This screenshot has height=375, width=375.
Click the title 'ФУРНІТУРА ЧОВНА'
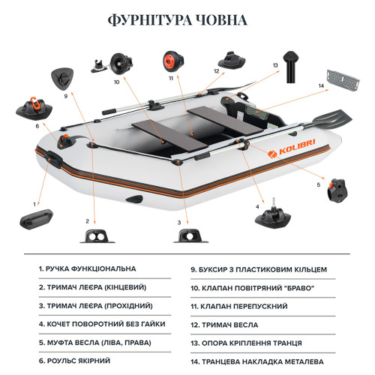click(x=177, y=20)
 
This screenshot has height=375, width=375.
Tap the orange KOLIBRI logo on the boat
click(x=292, y=148)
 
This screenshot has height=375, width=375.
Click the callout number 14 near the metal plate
click(x=321, y=86)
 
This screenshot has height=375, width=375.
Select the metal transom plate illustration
click(x=343, y=80)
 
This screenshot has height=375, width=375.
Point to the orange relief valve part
click(x=173, y=61)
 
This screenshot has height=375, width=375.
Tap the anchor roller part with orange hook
click(x=34, y=108)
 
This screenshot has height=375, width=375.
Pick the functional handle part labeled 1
click(x=37, y=219)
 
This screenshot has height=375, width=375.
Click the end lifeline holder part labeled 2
click(x=97, y=236)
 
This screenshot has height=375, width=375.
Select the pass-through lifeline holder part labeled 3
click(x=190, y=235)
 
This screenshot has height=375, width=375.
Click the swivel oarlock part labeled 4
click(x=273, y=214)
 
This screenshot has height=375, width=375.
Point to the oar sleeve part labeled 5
click(x=337, y=190)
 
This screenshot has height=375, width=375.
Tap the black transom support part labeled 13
click(x=291, y=67)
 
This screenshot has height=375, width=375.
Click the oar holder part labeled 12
click(x=232, y=61)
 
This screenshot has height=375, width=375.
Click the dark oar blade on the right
click(x=331, y=119)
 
